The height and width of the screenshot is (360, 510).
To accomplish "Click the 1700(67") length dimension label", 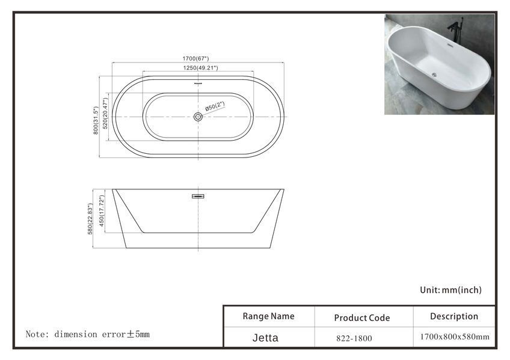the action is [195, 58].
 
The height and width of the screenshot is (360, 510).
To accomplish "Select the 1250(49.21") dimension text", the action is [200, 67].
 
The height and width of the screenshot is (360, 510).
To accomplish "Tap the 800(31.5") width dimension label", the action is [96, 120].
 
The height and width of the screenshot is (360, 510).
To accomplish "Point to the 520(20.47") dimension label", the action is [105, 114].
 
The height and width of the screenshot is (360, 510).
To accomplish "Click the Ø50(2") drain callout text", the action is [215, 106].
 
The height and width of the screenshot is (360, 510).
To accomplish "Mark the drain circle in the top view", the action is [198, 117].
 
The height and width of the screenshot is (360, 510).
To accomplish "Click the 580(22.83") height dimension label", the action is [90, 219].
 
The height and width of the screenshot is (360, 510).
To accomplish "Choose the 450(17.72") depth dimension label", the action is [102, 211].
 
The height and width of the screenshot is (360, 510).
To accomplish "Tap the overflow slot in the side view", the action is [198, 197].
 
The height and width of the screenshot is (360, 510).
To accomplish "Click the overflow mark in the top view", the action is [198, 84].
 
